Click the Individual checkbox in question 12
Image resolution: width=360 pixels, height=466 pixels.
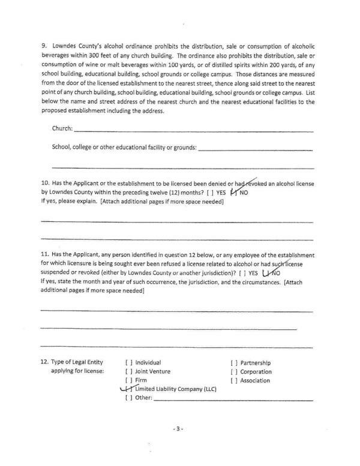pos(128,363)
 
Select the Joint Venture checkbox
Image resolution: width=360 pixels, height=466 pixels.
pos(128,371)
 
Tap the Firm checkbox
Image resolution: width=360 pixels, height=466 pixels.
pos(128,380)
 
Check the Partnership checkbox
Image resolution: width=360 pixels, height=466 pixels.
pos(234,363)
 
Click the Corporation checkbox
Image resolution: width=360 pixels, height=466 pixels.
pos(234,371)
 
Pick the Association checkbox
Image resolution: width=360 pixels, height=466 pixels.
pos(234,380)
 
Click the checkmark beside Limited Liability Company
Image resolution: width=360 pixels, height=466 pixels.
pos(127,389)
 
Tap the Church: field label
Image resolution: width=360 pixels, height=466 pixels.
pos(62,128)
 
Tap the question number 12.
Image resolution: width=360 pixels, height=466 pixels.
pos(45,363)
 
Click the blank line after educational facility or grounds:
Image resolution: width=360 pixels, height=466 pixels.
pos(255,149)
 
